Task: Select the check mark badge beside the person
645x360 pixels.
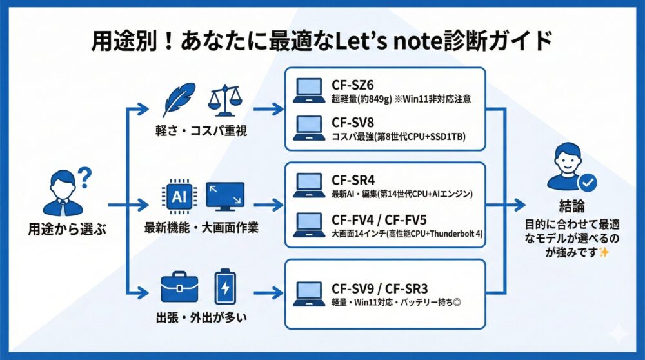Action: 588,183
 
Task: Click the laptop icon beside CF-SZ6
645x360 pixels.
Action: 309,91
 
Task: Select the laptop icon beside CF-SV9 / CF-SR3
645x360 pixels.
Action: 309,294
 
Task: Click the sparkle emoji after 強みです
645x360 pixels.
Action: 604,253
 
